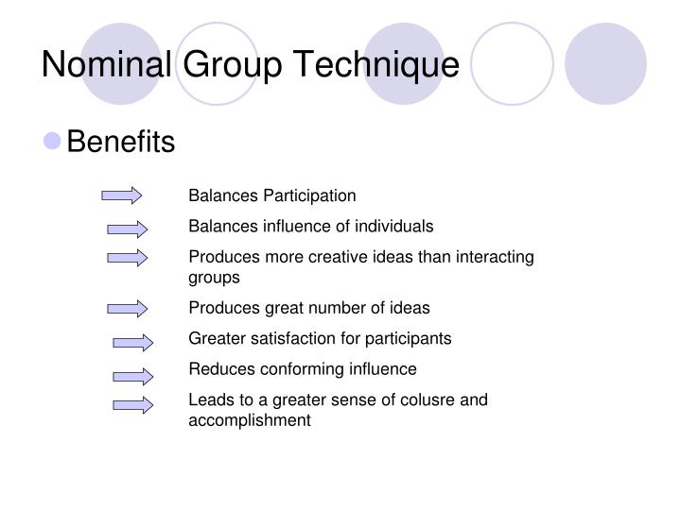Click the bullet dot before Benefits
point(53,142)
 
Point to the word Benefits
point(121,142)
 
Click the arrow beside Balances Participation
point(122,195)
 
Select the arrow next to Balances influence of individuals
point(128,228)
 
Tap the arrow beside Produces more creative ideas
point(128,257)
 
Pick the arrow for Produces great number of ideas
point(128,308)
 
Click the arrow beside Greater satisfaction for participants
point(133,341)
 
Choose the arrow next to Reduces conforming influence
point(133,375)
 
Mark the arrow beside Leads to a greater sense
point(133,406)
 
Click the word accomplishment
point(249,420)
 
